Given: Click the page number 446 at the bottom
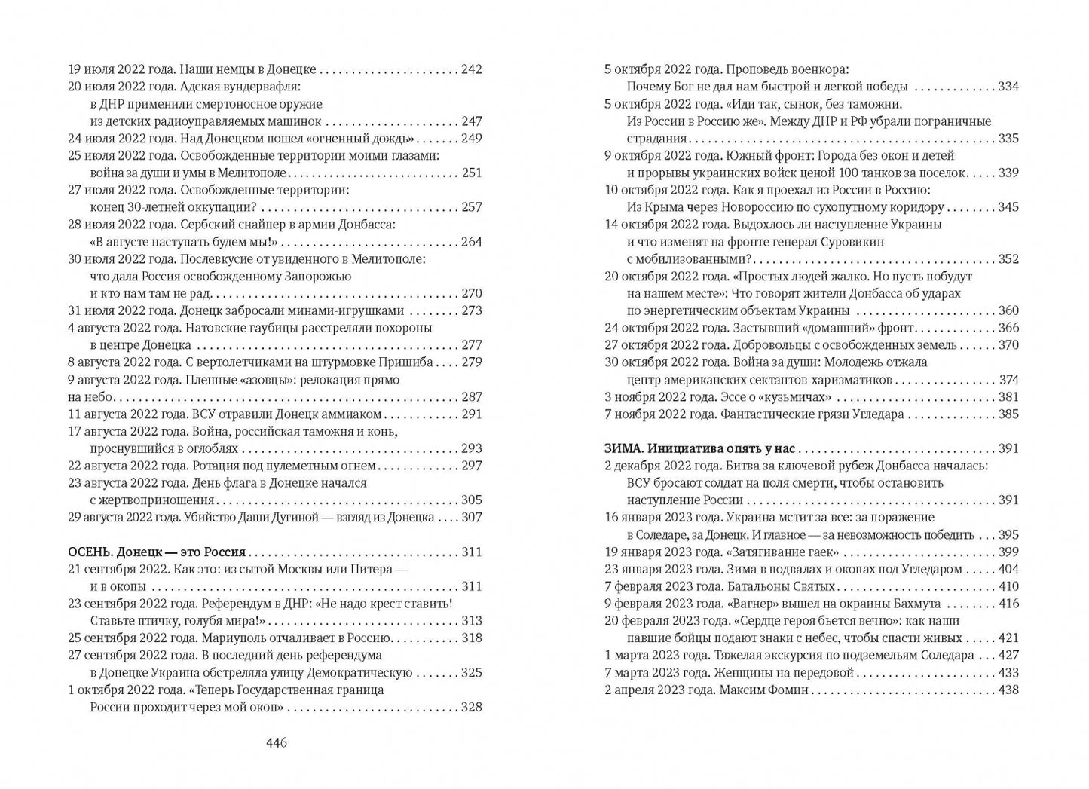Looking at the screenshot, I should [x=277, y=743].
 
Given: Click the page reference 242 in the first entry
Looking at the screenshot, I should [x=471, y=69].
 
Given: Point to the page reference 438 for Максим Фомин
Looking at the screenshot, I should [x=1008, y=690].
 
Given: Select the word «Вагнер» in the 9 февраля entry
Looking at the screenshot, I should [x=758, y=604].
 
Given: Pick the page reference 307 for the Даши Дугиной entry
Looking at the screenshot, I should [x=471, y=518].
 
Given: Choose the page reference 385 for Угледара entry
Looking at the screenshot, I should [x=1008, y=414].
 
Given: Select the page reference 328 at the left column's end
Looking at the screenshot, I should [x=471, y=707].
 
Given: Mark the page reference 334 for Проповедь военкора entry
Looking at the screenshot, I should [x=1008, y=87].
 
